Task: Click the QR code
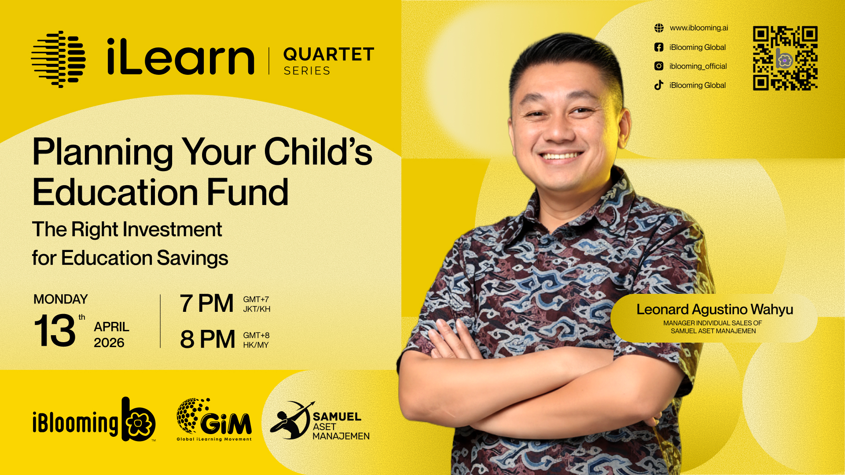point(785,58)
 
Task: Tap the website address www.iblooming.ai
point(699,28)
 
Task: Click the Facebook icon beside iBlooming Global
point(659,47)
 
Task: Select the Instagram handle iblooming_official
point(698,66)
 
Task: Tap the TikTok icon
point(659,85)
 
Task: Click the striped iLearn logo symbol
point(59,59)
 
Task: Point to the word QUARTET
point(329,55)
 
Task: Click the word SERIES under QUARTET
point(307,71)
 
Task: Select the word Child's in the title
point(318,152)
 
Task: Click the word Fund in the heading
point(248,192)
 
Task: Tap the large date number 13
point(55,330)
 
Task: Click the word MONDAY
point(61,299)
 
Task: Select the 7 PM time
point(206,303)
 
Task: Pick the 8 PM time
point(207,340)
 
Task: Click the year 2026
point(109,343)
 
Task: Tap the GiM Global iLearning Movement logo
point(214,420)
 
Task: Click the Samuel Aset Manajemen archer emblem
point(291,420)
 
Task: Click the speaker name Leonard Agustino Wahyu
point(715,310)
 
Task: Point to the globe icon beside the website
point(659,28)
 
